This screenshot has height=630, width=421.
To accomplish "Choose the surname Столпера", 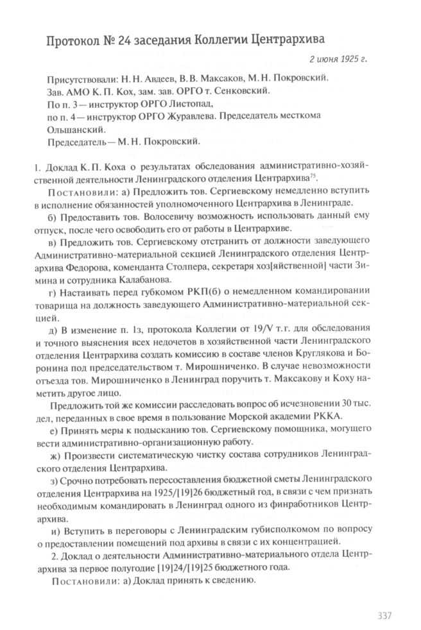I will (x=193, y=267).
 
